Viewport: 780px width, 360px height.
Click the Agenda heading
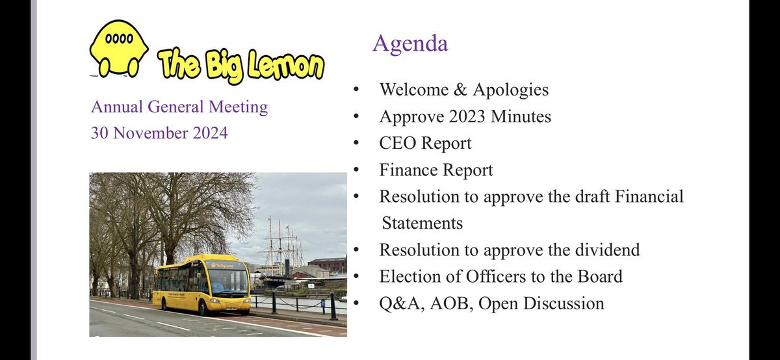pyautogui.click(x=409, y=44)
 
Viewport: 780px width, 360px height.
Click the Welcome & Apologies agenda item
pyautogui.click(x=464, y=89)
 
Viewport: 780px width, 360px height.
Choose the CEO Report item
pyautogui.click(x=426, y=143)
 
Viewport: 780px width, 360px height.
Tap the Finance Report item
pyautogui.click(x=436, y=170)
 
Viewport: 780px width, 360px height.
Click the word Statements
pyautogui.click(x=422, y=223)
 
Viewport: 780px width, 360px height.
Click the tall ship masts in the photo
pyautogui.click(x=281, y=240)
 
